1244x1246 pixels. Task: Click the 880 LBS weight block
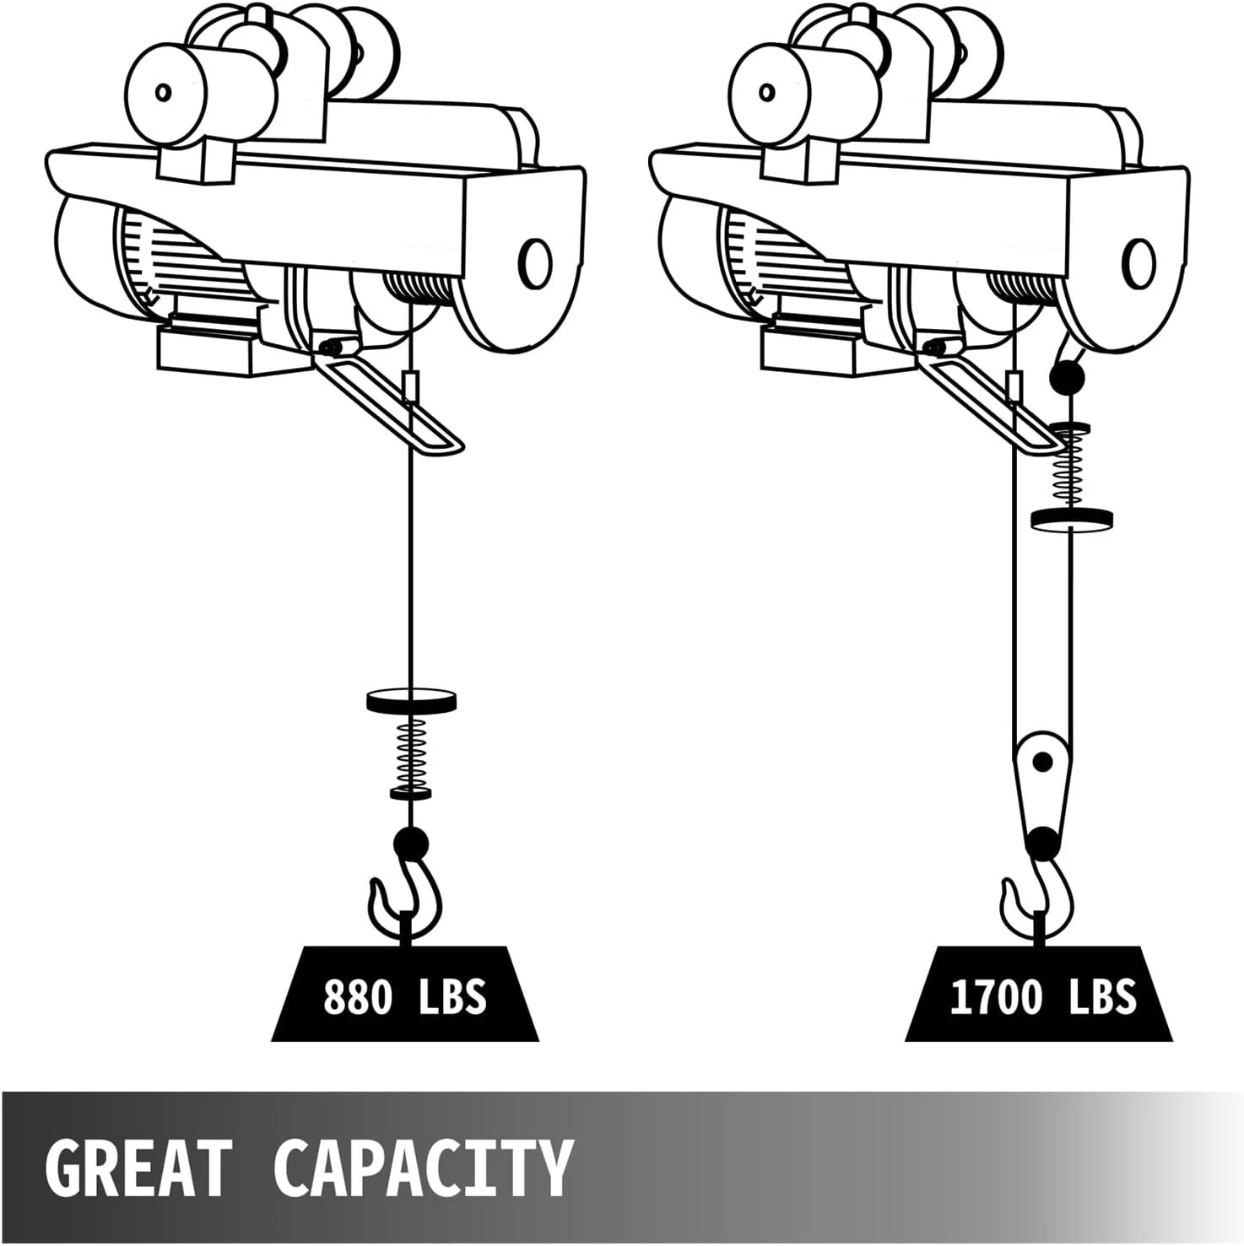coord(405,993)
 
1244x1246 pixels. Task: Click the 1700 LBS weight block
coord(1039,993)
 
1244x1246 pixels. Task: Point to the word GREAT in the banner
coord(138,1168)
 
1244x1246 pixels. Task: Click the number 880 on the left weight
coord(359,996)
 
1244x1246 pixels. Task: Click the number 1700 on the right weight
coord(997,996)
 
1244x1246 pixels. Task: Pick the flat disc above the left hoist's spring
coord(413,699)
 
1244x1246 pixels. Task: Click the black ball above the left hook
coord(411,843)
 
